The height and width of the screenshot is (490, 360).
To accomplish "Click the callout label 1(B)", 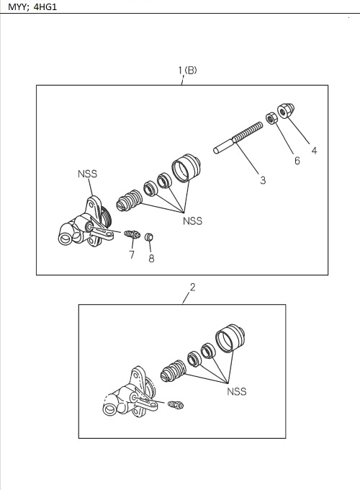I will (187, 71).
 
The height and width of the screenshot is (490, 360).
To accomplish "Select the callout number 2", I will (192, 288).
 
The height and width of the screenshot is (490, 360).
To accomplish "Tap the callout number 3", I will (263, 180).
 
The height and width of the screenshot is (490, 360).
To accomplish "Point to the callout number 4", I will (314, 151).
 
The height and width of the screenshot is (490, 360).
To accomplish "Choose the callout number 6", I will (297, 161).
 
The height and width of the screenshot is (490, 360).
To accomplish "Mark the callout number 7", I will (132, 254).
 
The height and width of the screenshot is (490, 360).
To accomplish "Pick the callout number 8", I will (151, 259).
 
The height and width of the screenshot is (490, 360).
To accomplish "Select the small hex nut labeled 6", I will (274, 117).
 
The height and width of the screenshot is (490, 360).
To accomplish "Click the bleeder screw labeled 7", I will (130, 234).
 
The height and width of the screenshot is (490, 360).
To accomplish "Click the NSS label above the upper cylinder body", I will (87, 174).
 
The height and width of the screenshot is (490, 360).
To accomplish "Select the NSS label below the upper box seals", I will (192, 221).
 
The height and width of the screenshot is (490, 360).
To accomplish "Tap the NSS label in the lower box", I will (236, 391).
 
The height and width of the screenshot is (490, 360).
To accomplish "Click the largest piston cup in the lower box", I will (231, 339).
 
